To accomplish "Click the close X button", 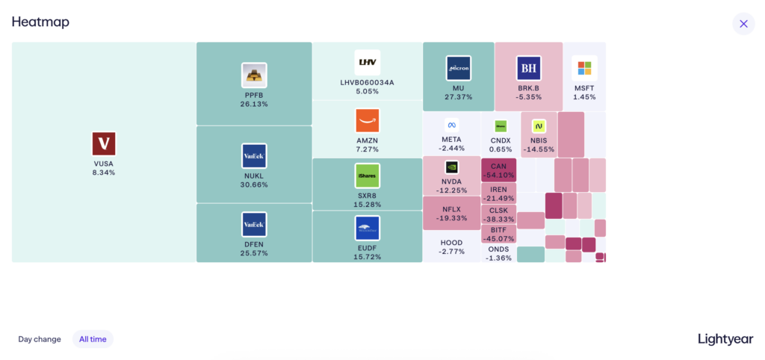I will (x=743, y=23).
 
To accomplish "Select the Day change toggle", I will (x=40, y=339).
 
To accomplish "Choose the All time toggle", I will (x=93, y=339).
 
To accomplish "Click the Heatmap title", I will (x=40, y=22).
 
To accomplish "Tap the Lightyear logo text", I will (x=725, y=339).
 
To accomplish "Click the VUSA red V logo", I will (x=104, y=143).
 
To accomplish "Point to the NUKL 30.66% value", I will (x=254, y=184).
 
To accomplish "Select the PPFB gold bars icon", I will (x=254, y=75).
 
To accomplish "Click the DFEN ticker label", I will (x=254, y=244).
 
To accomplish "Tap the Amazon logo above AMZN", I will (x=368, y=120).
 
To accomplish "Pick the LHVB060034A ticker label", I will (x=368, y=82).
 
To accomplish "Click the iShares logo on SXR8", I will (x=368, y=176).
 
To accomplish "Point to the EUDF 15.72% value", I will (x=368, y=257).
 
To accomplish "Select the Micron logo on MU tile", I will (x=458, y=68).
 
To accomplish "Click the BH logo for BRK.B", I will (x=528, y=68).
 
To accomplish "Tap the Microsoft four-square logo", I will (x=584, y=68).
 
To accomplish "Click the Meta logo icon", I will (x=451, y=125).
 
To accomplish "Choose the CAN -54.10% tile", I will (x=498, y=170).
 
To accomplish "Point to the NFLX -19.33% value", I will (x=451, y=218).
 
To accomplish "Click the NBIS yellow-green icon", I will (x=539, y=126).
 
